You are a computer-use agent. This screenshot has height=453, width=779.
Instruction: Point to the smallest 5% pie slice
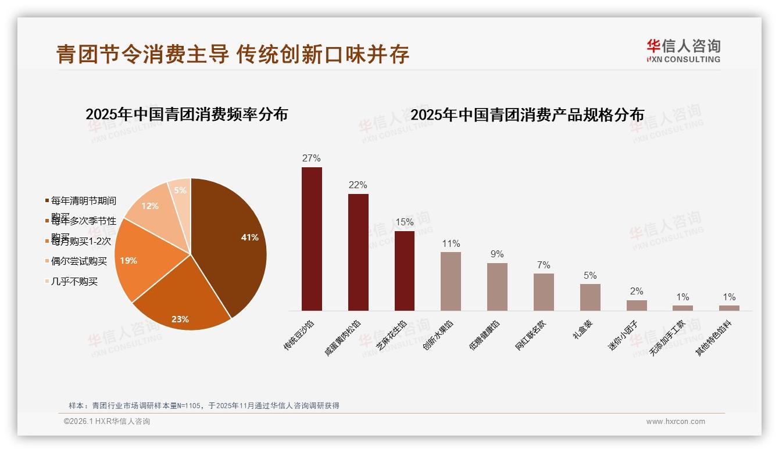pyautogui.click(x=180, y=190)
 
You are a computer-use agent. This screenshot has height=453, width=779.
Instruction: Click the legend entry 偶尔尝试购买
pyautogui.click(x=78, y=261)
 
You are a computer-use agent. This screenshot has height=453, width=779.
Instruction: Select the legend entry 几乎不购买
pyautogui.click(x=74, y=282)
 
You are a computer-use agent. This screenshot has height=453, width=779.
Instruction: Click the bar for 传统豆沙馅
pyautogui.click(x=312, y=239)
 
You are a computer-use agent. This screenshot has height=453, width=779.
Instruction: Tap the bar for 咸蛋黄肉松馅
pyautogui.click(x=358, y=252)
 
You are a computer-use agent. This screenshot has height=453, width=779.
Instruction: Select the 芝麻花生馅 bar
pyautogui.click(x=405, y=271)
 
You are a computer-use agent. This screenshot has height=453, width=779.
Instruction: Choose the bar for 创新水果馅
pyautogui.click(x=451, y=281)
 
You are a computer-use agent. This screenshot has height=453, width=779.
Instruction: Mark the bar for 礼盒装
pyautogui.click(x=590, y=297)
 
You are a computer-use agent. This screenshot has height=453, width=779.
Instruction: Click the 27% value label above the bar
pyautogui.click(x=312, y=158)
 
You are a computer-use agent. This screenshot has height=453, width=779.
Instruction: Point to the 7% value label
pyautogui.click(x=544, y=265)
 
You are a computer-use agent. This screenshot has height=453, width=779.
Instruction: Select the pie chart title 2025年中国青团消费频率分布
pyautogui.click(x=187, y=114)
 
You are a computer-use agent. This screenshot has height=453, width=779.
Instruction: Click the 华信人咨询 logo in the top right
pyautogui.click(x=684, y=51)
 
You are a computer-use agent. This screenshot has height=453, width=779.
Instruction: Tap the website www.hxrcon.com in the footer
pyautogui.click(x=675, y=422)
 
